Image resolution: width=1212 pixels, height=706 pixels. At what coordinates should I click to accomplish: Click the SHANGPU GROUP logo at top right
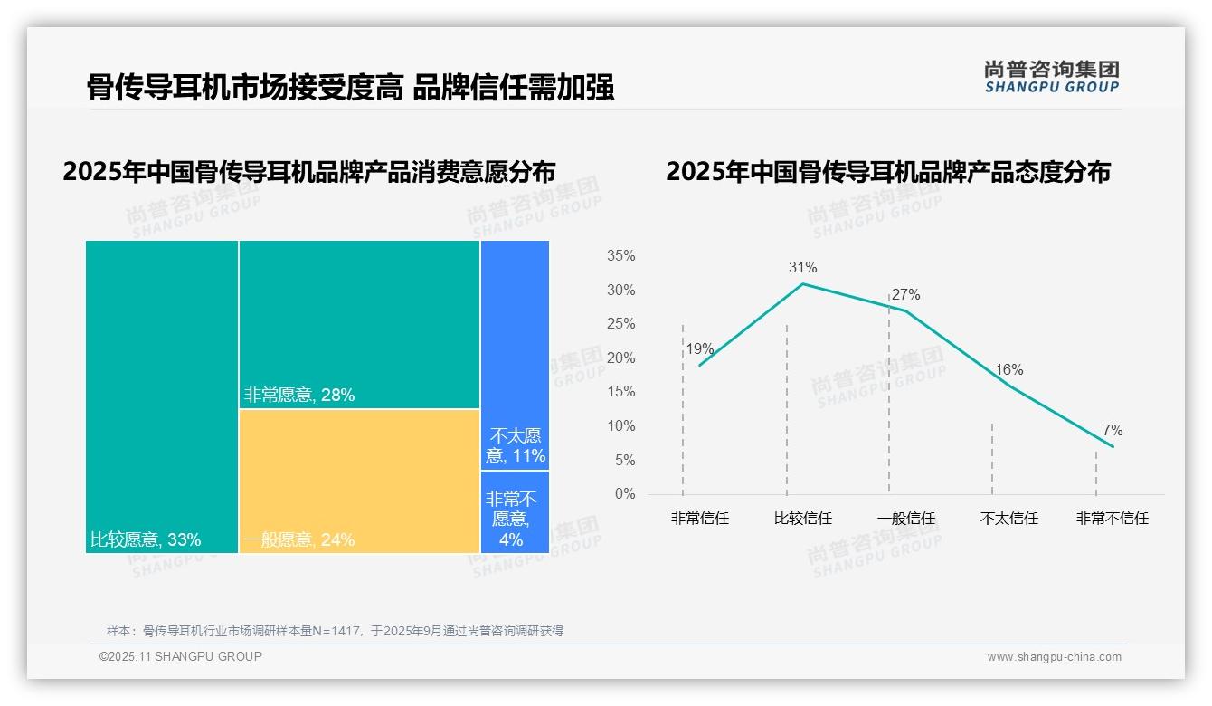click(1051, 76)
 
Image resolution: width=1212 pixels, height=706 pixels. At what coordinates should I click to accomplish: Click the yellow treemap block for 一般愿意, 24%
click(359, 480)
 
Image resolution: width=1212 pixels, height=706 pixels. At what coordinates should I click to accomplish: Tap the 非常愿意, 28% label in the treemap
click(299, 395)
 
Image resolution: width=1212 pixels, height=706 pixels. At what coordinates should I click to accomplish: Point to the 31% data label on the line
click(802, 267)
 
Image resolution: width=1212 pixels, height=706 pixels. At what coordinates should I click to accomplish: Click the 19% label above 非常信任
click(699, 348)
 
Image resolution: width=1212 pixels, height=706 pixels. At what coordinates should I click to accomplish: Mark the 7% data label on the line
click(1112, 431)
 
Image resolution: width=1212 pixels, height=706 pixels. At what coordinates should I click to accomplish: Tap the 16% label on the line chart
click(1008, 369)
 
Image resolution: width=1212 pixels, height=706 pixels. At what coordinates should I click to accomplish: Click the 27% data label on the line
click(905, 294)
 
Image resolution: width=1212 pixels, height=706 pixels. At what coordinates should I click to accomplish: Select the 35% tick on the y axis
click(620, 256)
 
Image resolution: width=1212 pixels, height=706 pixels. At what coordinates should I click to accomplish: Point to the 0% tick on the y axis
click(624, 494)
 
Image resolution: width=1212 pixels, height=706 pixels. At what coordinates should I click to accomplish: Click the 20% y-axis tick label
click(620, 358)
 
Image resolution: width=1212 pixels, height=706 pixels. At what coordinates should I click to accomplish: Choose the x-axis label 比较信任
click(802, 519)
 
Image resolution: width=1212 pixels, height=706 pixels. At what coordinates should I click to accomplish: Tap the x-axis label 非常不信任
click(1112, 519)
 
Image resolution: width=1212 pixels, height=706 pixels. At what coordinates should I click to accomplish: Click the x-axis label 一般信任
click(905, 519)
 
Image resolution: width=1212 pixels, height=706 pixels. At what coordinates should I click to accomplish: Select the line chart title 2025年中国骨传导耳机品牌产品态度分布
click(887, 172)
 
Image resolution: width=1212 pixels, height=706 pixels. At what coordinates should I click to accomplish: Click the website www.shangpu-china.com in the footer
click(1054, 657)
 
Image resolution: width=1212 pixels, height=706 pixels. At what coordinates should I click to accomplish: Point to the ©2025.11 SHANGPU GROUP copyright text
click(181, 656)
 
